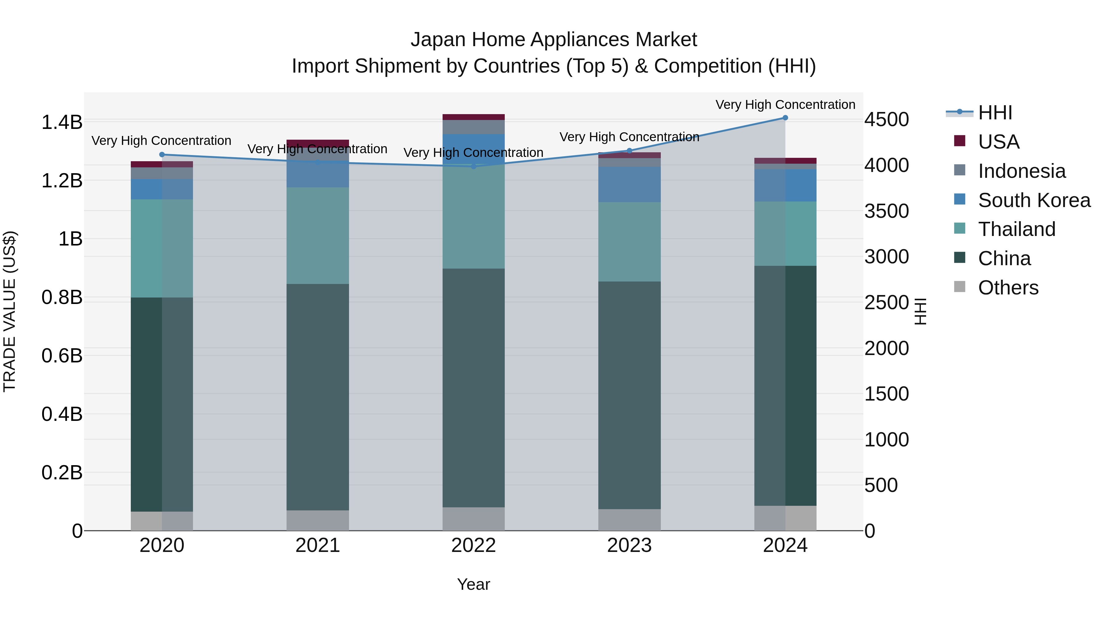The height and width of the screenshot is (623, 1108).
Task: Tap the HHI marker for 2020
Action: point(162,154)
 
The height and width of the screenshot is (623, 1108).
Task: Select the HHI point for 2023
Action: point(629,150)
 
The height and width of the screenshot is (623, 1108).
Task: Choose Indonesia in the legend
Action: point(1022,171)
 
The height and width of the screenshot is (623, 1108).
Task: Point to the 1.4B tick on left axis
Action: point(62,122)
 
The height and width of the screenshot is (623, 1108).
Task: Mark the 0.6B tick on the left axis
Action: point(62,356)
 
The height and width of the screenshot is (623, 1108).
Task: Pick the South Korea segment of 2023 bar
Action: point(629,185)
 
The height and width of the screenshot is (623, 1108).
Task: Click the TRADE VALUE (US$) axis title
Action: point(10,311)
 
